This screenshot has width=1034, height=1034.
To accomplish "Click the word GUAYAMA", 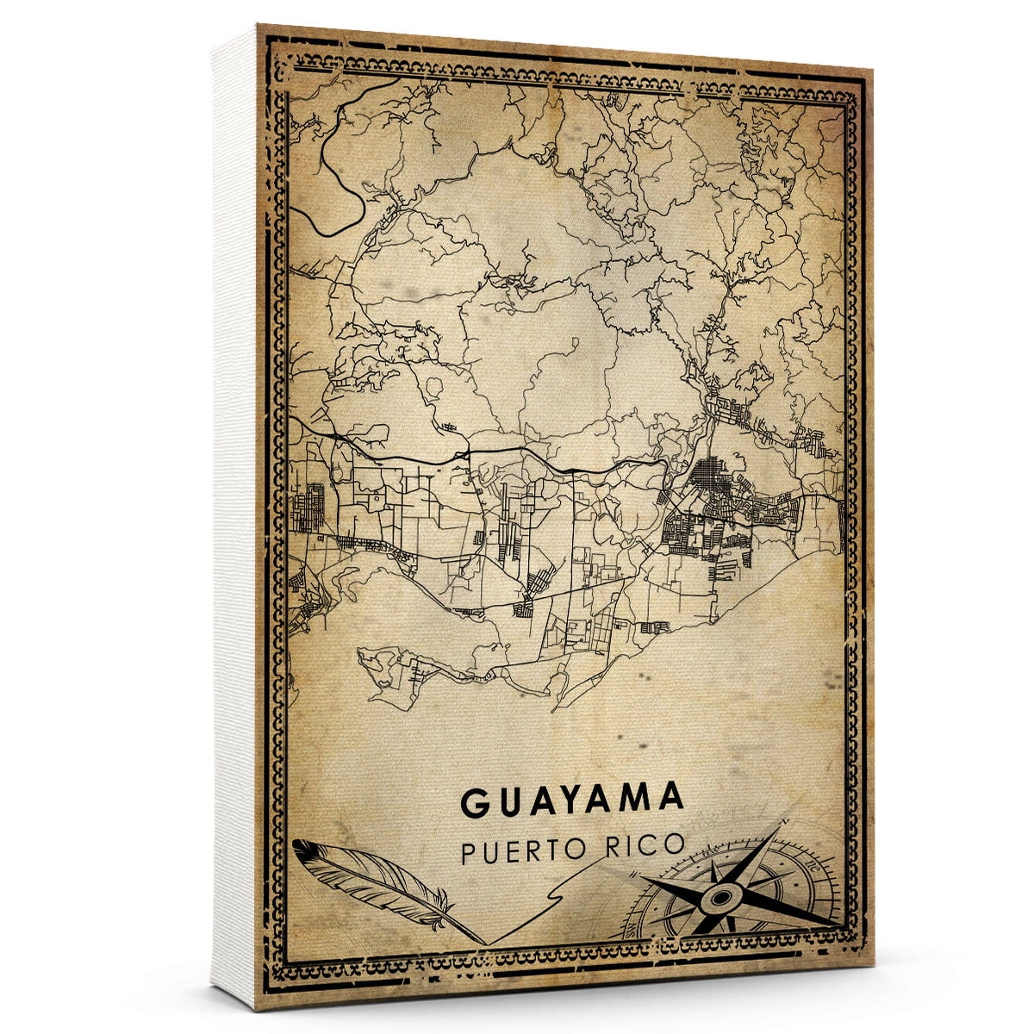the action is [573, 800].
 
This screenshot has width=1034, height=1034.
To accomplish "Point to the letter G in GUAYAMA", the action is [475, 802].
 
